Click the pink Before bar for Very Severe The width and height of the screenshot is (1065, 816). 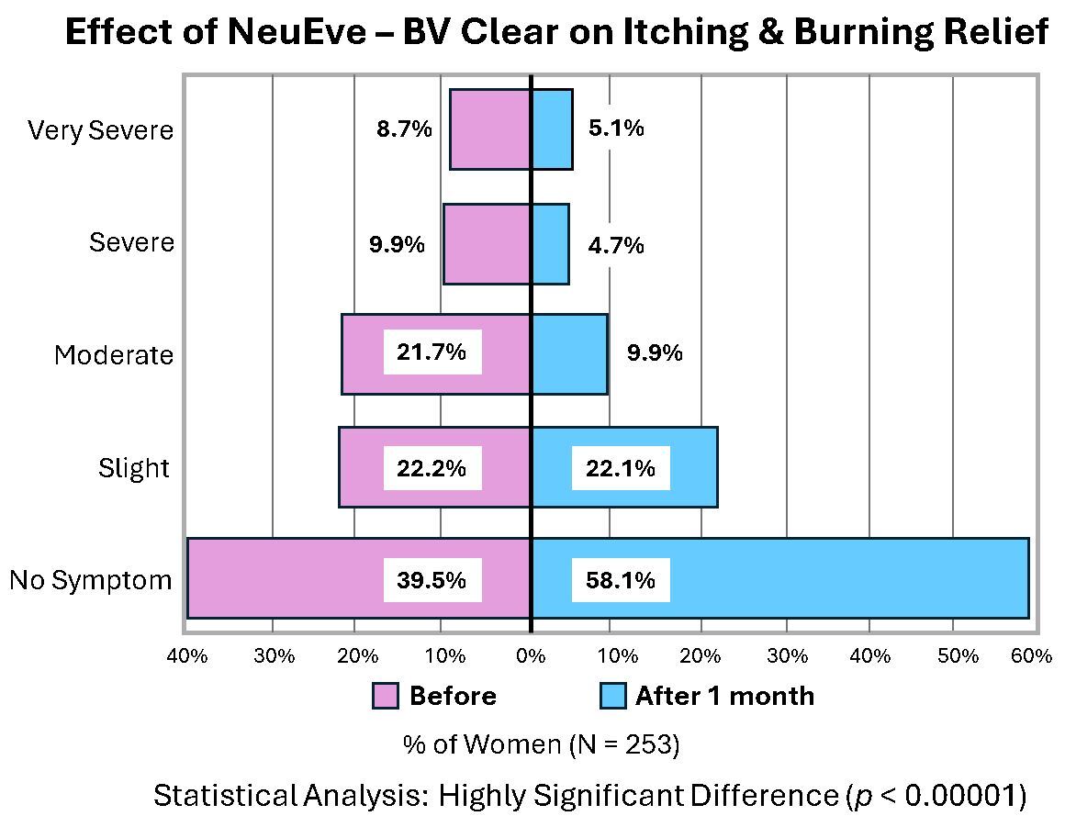pyautogui.click(x=490, y=129)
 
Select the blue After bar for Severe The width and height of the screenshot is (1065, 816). pyautogui.click(x=550, y=244)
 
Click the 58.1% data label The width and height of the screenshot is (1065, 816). pyautogui.click(x=621, y=580)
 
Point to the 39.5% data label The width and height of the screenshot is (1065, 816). pyautogui.click(x=432, y=580)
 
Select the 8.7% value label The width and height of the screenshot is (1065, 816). pyautogui.click(x=404, y=129)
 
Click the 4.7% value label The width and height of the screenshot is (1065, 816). pyautogui.click(x=616, y=245)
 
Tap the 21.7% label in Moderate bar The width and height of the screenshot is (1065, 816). pyautogui.click(x=432, y=352)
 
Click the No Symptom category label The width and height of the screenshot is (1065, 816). pyautogui.click(x=91, y=580)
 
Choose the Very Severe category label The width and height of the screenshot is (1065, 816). pyautogui.click(x=100, y=130)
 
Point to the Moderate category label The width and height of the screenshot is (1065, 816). pyautogui.click(x=113, y=355)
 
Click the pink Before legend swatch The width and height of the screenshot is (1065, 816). pyautogui.click(x=386, y=696)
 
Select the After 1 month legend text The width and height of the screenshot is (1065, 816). pyautogui.click(x=724, y=696)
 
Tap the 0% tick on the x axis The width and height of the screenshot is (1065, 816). pyautogui.click(x=531, y=656)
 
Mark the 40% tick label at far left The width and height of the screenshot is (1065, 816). pyautogui.click(x=186, y=656)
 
